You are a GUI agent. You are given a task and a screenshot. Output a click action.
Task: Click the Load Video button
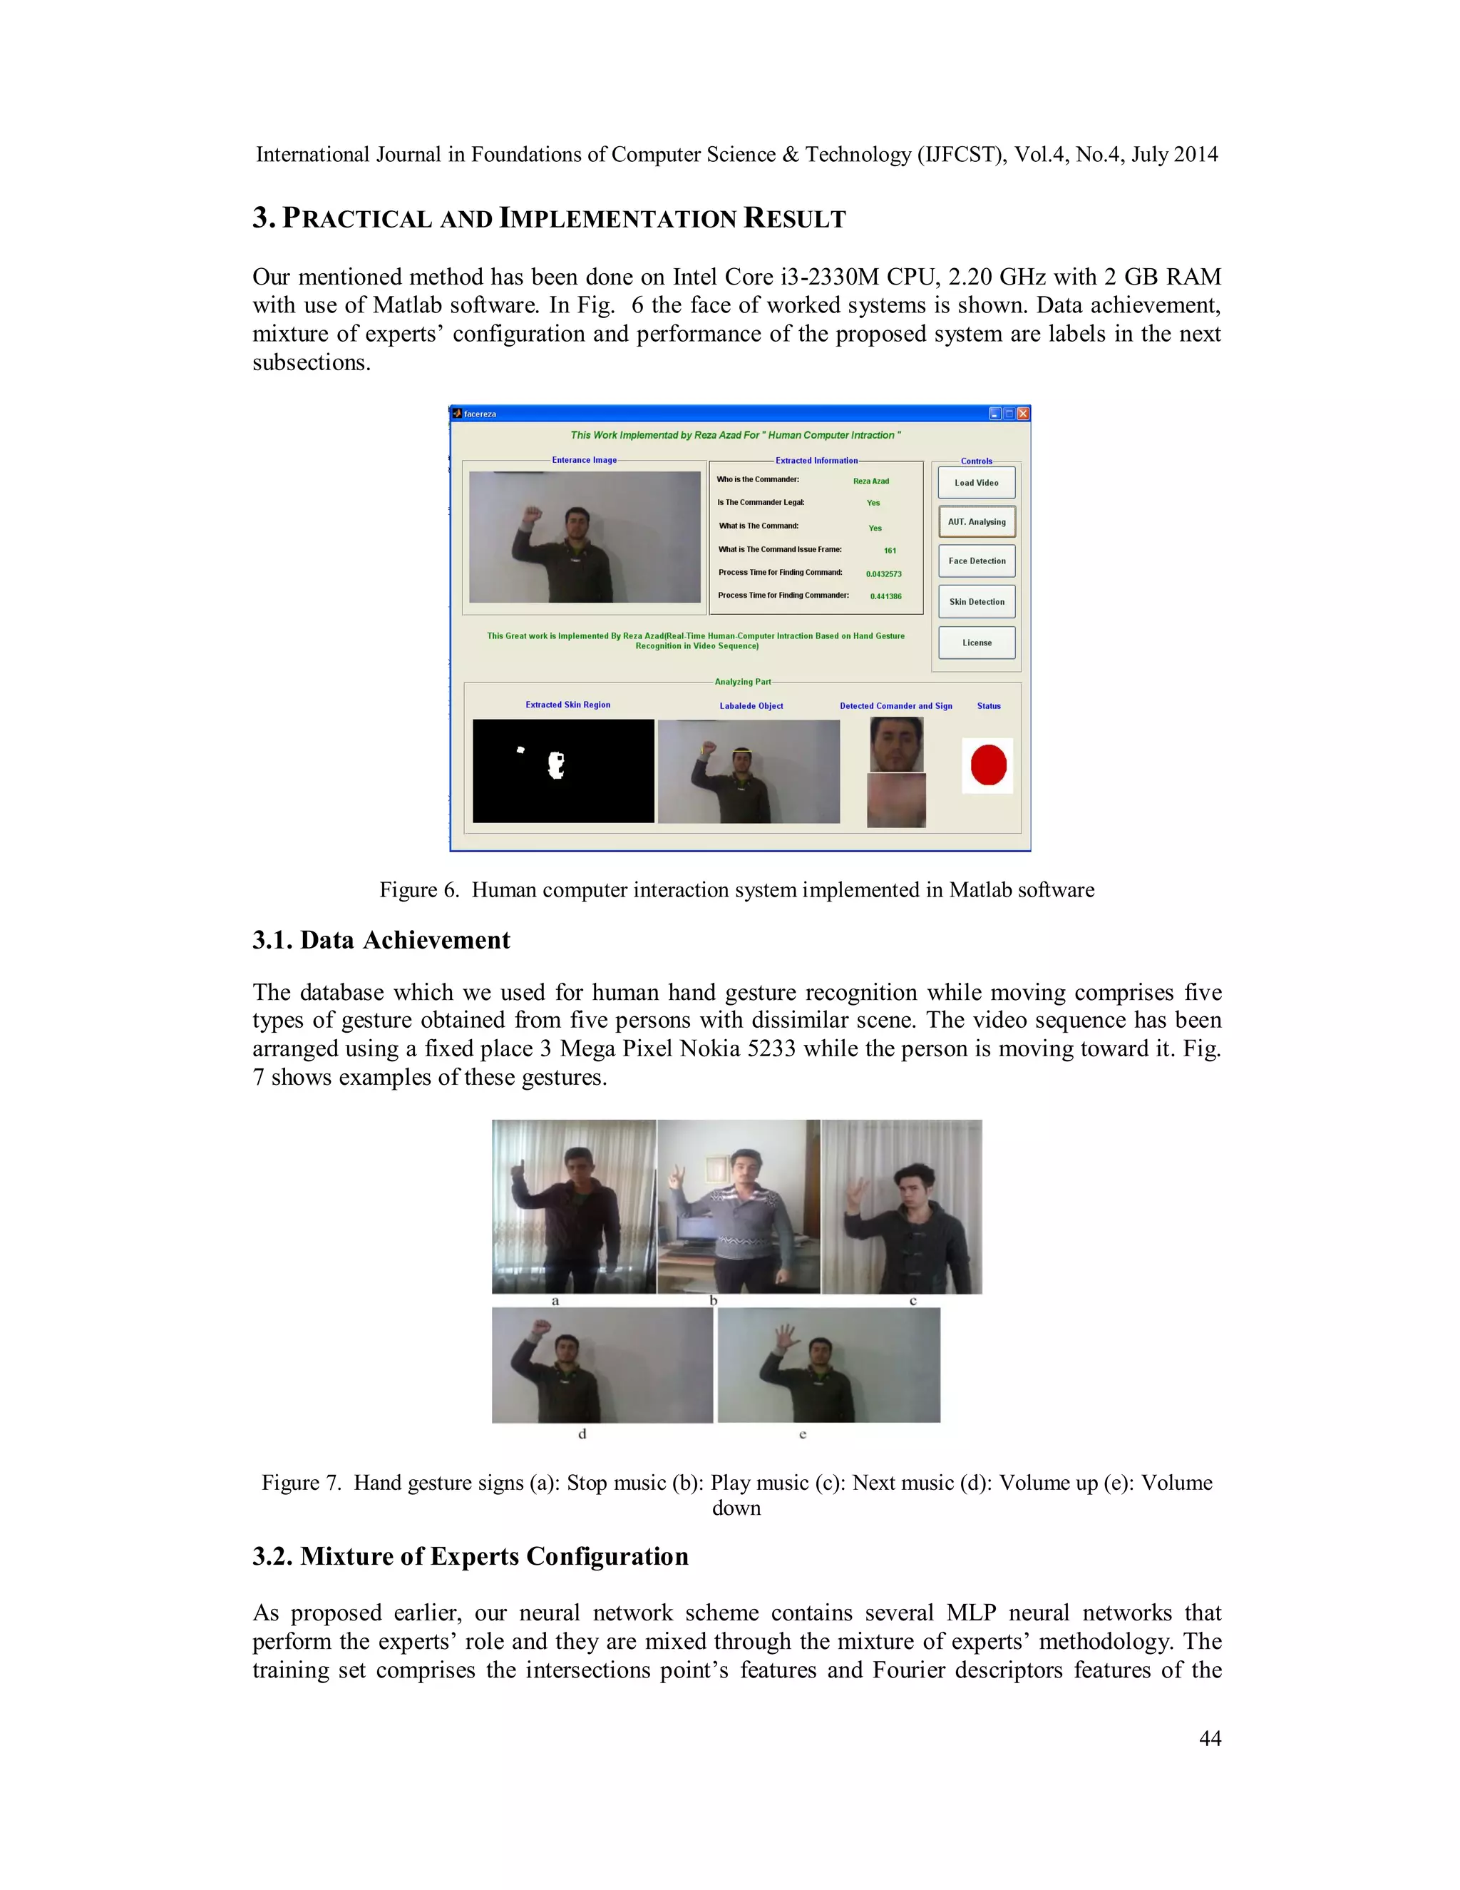(977, 483)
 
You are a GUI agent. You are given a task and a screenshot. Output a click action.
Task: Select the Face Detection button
(977, 561)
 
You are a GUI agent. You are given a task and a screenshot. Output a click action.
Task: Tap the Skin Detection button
(977, 601)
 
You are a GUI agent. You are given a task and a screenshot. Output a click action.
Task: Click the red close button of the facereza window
(1023, 414)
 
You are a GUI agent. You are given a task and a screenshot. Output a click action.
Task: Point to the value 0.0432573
(883, 573)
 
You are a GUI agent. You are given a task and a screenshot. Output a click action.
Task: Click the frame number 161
(890, 551)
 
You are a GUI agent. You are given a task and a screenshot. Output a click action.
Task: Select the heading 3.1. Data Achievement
(381, 941)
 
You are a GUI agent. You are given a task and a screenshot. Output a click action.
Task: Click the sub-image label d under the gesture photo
(582, 1434)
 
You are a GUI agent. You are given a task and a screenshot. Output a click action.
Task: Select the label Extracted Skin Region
(567, 705)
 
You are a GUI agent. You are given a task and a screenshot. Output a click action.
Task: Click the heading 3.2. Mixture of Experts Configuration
(471, 1557)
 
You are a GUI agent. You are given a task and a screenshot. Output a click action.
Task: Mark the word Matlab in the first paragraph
(407, 305)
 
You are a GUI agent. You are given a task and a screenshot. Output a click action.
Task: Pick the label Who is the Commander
(758, 479)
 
